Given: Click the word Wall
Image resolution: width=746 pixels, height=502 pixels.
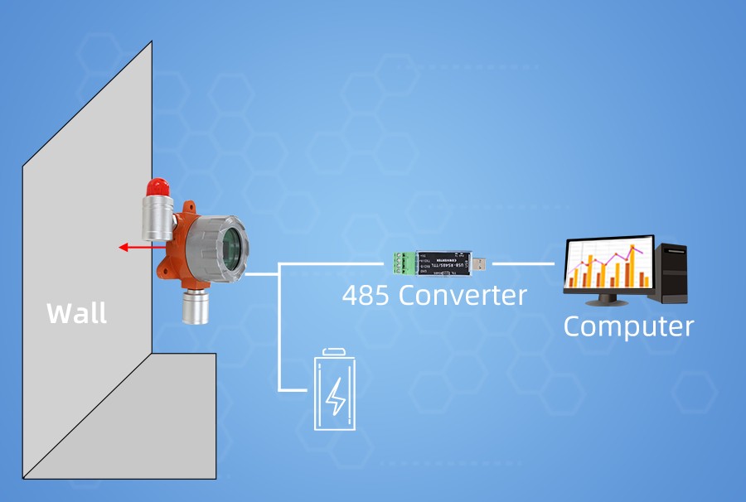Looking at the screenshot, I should click(x=76, y=314).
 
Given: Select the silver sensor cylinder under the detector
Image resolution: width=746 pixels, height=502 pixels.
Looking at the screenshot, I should click(x=196, y=307).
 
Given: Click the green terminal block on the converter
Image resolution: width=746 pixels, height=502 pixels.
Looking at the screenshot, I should click(x=402, y=262).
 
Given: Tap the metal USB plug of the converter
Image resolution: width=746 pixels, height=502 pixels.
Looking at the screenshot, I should click(x=478, y=263).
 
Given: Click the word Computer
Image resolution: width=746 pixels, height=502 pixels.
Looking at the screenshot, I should click(x=628, y=326).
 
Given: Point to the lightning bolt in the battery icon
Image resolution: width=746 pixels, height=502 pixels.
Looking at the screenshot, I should click(x=336, y=397).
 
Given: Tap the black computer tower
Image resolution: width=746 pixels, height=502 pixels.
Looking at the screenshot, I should click(x=672, y=273).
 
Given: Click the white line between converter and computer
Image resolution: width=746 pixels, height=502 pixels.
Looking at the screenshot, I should click(x=522, y=263).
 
